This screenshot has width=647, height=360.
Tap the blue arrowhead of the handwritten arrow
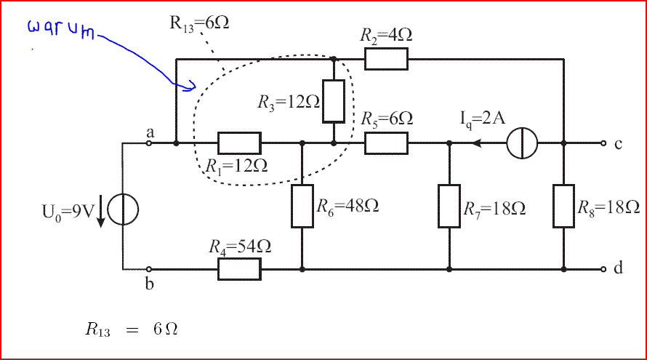click(190, 86)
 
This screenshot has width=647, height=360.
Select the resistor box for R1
click(239, 143)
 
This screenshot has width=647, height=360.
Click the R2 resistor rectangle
click(386, 59)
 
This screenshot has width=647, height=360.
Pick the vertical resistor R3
click(334, 101)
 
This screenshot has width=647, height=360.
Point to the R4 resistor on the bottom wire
click(239, 269)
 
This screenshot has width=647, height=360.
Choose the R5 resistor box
click(386, 143)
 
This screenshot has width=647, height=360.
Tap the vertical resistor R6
click(302, 206)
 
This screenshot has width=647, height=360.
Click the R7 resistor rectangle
click(449, 206)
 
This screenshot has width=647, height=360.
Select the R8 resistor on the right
click(563, 206)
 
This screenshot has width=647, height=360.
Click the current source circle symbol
click(522, 143)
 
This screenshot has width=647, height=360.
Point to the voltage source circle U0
click(123, 209)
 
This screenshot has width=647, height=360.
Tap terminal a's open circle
click(149, 143)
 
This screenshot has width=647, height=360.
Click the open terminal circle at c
click(603, 143)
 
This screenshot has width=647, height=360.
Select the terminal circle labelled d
click(603, 269)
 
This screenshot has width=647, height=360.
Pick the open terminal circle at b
click(149, 269)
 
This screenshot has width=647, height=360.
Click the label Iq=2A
click(483, 119)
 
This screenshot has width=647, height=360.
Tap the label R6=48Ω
click(347, 206)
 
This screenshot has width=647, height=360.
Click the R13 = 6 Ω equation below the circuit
click(132, 329)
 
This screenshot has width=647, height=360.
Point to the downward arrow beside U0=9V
click(101, 211)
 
